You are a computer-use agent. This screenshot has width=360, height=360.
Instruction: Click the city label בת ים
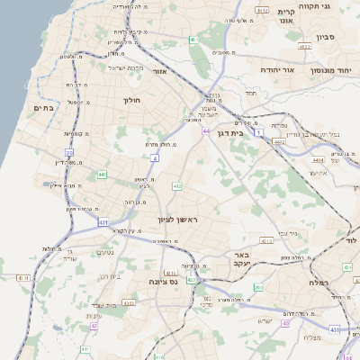43,108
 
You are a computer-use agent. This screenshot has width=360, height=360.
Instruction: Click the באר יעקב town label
245,258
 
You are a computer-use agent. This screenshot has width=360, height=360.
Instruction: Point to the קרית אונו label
287,18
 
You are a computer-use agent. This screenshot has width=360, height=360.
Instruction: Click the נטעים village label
104,252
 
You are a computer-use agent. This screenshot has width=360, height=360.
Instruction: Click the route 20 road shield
69,152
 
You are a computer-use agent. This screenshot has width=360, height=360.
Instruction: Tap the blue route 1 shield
258,132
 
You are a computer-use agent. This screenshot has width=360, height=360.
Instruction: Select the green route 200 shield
257,287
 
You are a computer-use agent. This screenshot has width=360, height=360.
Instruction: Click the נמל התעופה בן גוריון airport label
315,134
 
